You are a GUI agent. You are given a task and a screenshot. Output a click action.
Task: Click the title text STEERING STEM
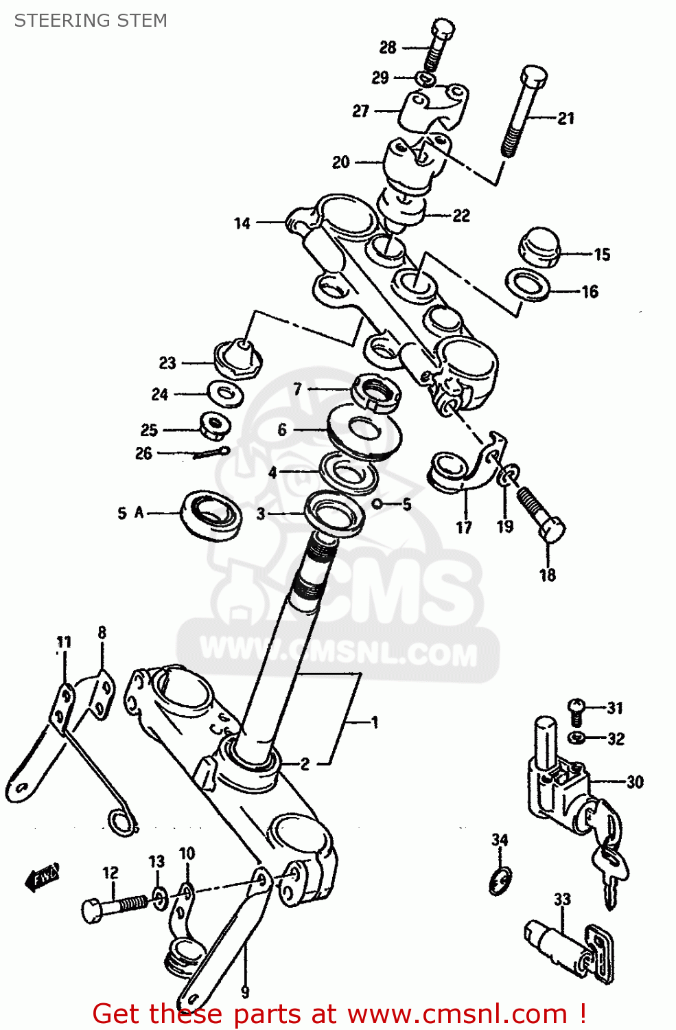[x=91, y=21]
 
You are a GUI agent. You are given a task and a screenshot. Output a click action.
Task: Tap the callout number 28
[x=388, y=47]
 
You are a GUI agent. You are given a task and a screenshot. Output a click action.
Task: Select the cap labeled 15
[x=539, y=247]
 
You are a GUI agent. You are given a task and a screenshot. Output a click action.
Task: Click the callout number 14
[x=242, y=223]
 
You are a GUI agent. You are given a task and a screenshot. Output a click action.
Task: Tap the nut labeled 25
[x=215, y=426]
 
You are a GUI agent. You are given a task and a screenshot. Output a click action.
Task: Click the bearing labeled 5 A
[x=211, y=514]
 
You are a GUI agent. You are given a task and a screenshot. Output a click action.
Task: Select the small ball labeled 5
[x=377, y=503]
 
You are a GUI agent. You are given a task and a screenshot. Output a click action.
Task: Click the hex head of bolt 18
[x=552, y=530]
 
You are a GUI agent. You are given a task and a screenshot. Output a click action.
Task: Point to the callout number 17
[x=464, y=527]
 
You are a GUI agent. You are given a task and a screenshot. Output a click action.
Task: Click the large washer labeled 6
[x=364, y=431]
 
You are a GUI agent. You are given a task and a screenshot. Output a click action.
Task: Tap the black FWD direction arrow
[x=42, y=877]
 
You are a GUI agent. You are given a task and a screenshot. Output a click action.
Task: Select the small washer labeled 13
[x=159, y=898]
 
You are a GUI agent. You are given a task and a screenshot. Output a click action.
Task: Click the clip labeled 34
[x=500, y=880]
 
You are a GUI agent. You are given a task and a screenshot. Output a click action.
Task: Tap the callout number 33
[x=562, y=899]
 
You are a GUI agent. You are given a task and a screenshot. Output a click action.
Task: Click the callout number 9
[x=245, y=992]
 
